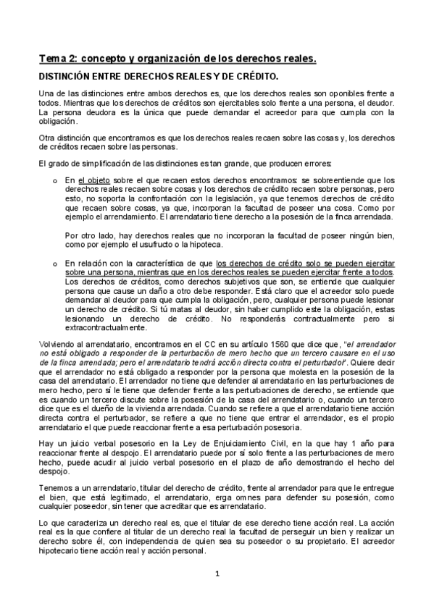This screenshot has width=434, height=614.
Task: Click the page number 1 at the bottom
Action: click(217, 576)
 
